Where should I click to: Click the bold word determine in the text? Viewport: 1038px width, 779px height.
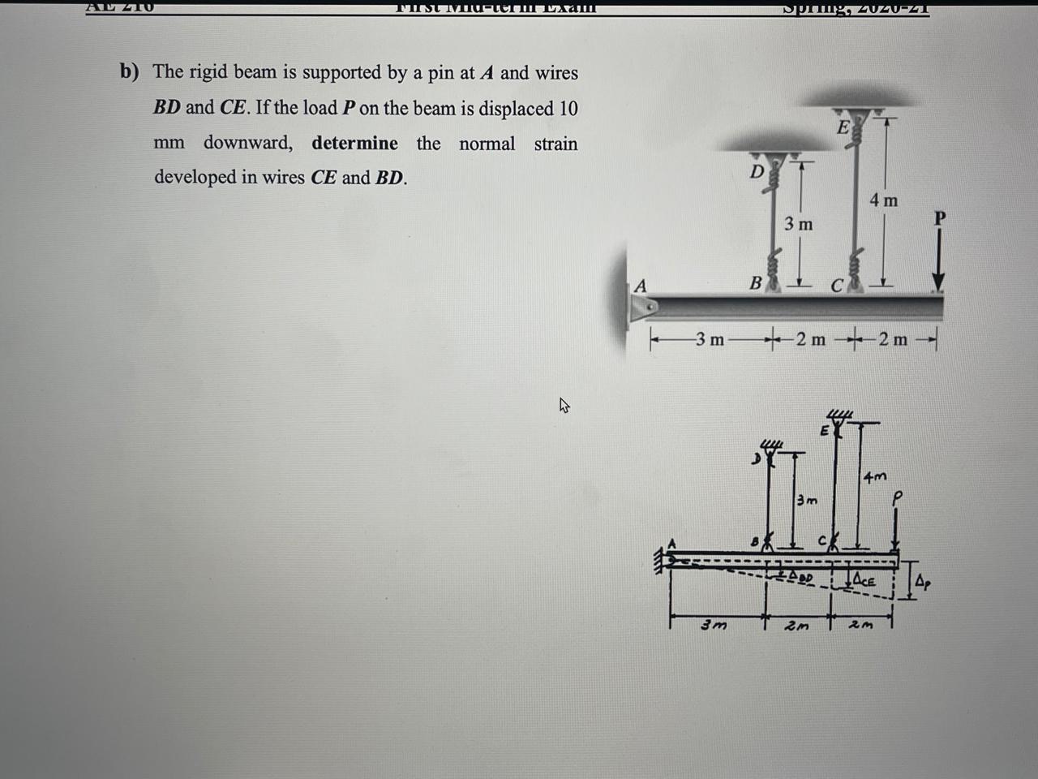[x=354, y=144]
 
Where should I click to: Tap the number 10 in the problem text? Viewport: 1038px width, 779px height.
[x=567, y=108]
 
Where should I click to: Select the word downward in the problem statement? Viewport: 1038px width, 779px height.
[x=247, y=144]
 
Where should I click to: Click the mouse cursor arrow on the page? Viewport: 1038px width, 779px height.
[x=564, y=405]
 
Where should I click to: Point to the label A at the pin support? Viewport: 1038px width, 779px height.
[x=641, y=286]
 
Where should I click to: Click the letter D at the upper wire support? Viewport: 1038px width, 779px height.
[x=756, y=171]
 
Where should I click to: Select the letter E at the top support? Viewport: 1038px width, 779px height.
[x=843, y=127]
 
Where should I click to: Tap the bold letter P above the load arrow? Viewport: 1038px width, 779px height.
[x=939, y=218]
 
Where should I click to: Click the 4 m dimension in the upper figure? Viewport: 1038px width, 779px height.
[x=883, y=200]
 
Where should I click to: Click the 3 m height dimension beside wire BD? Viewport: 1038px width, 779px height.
[x=798, y=223]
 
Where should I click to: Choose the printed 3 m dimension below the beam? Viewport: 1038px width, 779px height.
[x=710, y=339]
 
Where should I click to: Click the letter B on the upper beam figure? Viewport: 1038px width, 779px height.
[x=755, y=283]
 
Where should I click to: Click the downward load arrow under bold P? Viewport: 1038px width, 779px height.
[x=938, y=260]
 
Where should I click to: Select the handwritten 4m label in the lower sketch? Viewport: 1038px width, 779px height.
[x=875, y=476]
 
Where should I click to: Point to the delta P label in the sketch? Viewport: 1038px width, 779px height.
[x=924, y=581]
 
